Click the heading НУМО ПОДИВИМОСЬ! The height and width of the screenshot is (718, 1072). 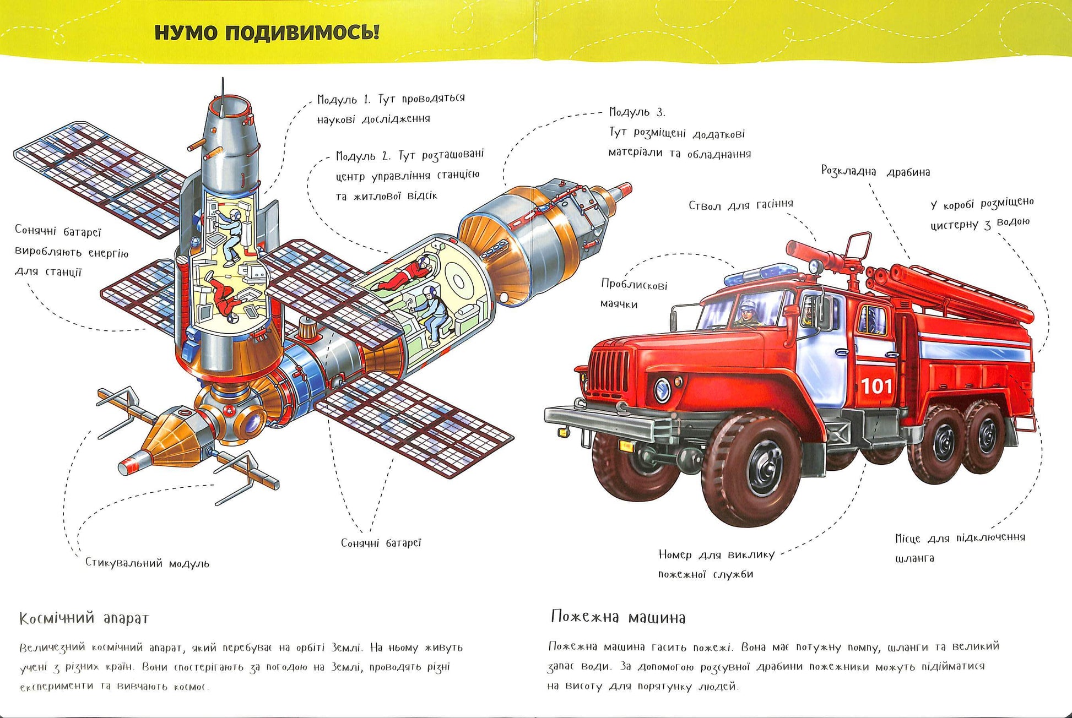[267, 32]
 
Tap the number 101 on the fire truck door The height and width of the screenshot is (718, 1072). [876, 386]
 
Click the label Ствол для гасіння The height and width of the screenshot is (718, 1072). [740, 205]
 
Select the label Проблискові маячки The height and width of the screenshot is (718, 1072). [634, 294]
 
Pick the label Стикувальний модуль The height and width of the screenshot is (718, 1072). [147, 563]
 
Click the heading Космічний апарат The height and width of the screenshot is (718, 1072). [84, 619]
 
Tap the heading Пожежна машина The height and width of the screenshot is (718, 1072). [618, 617]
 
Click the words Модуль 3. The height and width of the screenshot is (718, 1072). [637, 112]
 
